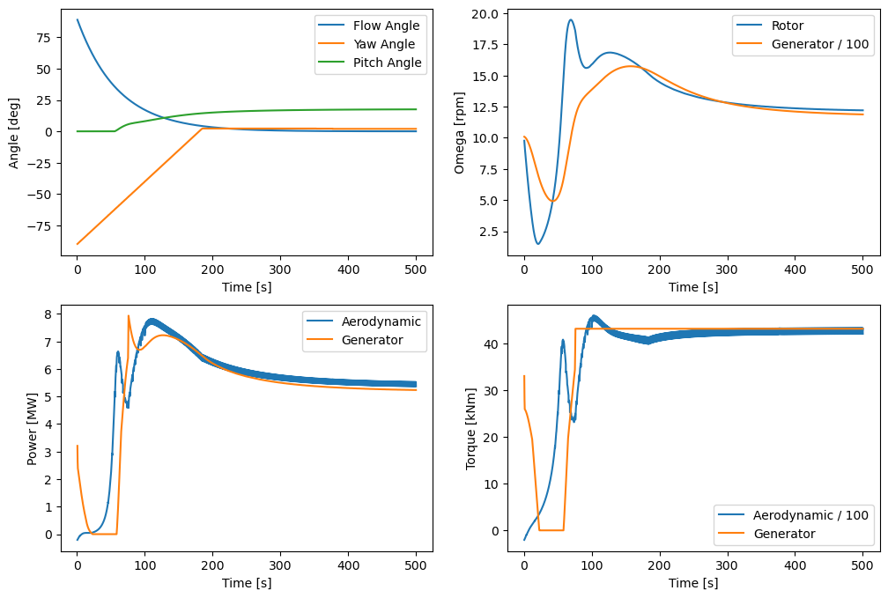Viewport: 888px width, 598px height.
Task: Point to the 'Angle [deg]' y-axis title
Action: point(14,132)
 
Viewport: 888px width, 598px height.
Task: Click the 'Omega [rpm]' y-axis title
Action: point(460,132)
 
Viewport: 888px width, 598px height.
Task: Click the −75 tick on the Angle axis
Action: point(41,225)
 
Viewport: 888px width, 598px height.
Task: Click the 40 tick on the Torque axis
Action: point(491,344)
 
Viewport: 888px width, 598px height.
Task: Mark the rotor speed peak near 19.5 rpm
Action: point(571,20)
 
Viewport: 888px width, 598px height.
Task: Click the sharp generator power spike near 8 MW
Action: point(129,316)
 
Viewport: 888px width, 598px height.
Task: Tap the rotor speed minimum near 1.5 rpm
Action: point(537,244)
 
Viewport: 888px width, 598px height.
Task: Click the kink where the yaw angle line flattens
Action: point(203,129)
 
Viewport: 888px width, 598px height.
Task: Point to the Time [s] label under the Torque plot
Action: point(693,583)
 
